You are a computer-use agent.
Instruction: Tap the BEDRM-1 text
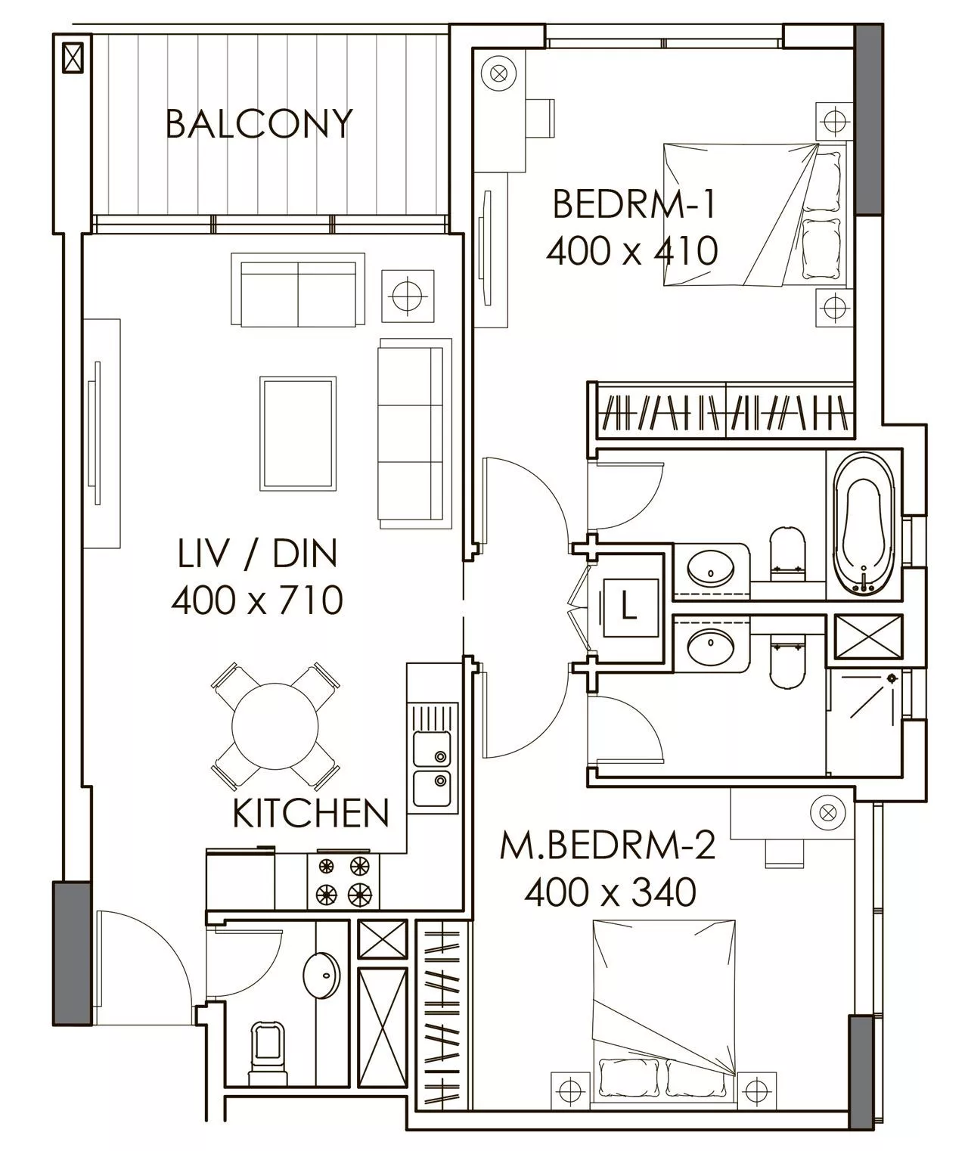click(x=634, y=203)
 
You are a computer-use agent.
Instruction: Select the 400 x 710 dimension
click(x=257, y=600)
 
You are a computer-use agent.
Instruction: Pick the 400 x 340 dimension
click(x=610, y=892)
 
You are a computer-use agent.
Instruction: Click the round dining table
click(x=275, y=727)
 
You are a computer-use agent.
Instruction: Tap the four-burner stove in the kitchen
click(x=343, y=880)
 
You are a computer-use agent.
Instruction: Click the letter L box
click(x=631, y=607)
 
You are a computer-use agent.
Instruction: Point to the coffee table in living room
click(x=298, y=433)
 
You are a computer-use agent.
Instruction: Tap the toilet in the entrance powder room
click(x=268, y=1047)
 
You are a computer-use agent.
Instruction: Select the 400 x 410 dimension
click(x=632, y=250)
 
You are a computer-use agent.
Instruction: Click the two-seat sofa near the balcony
click(x=298, y=290)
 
